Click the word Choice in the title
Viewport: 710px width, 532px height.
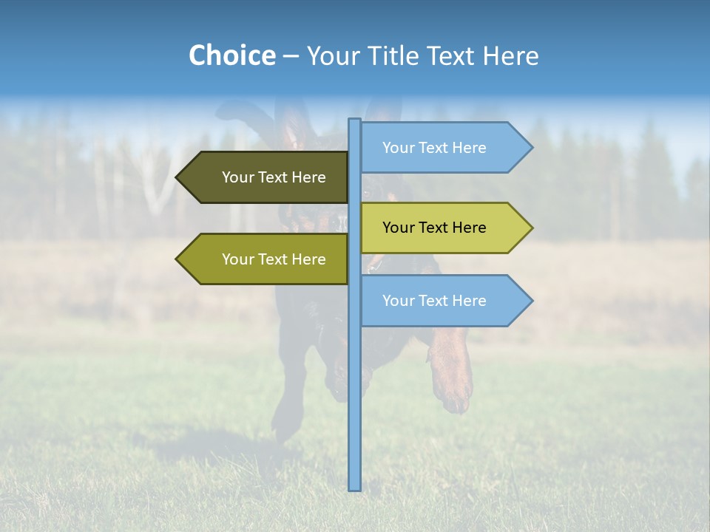click(231, 55)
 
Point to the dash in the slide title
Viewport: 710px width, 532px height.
click(291, 57)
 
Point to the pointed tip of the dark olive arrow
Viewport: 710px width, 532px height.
click(177, 177)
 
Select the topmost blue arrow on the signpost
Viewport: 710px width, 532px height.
click(436, 148)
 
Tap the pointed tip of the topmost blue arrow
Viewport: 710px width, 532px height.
click(531, 148)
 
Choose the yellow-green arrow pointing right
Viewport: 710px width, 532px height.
click(436, 228)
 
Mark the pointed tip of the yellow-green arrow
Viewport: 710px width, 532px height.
click(531, 228)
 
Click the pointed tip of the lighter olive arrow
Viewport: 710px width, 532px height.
click(177, 259)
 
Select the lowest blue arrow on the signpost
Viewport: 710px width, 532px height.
click(436, 301)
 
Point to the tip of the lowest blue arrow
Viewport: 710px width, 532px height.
click(531, 301)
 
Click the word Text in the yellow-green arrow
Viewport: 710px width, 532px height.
click(434, 228)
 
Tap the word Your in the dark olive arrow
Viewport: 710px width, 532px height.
click(238, 177)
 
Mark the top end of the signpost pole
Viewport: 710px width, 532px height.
click(355, 120)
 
